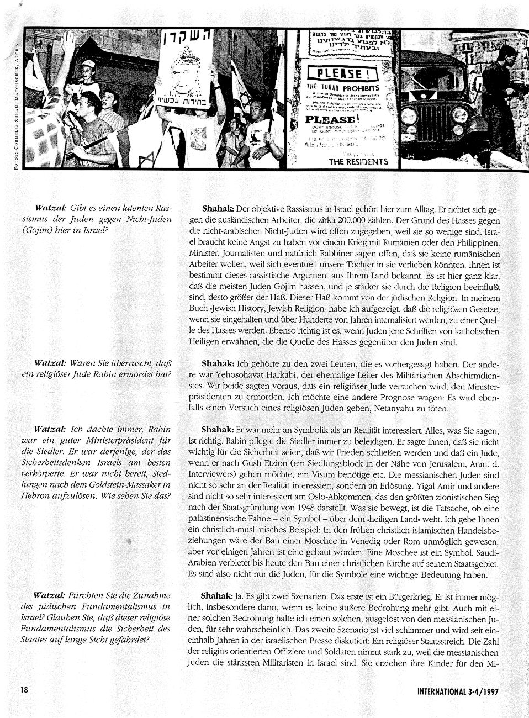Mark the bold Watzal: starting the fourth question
point(50,596)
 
